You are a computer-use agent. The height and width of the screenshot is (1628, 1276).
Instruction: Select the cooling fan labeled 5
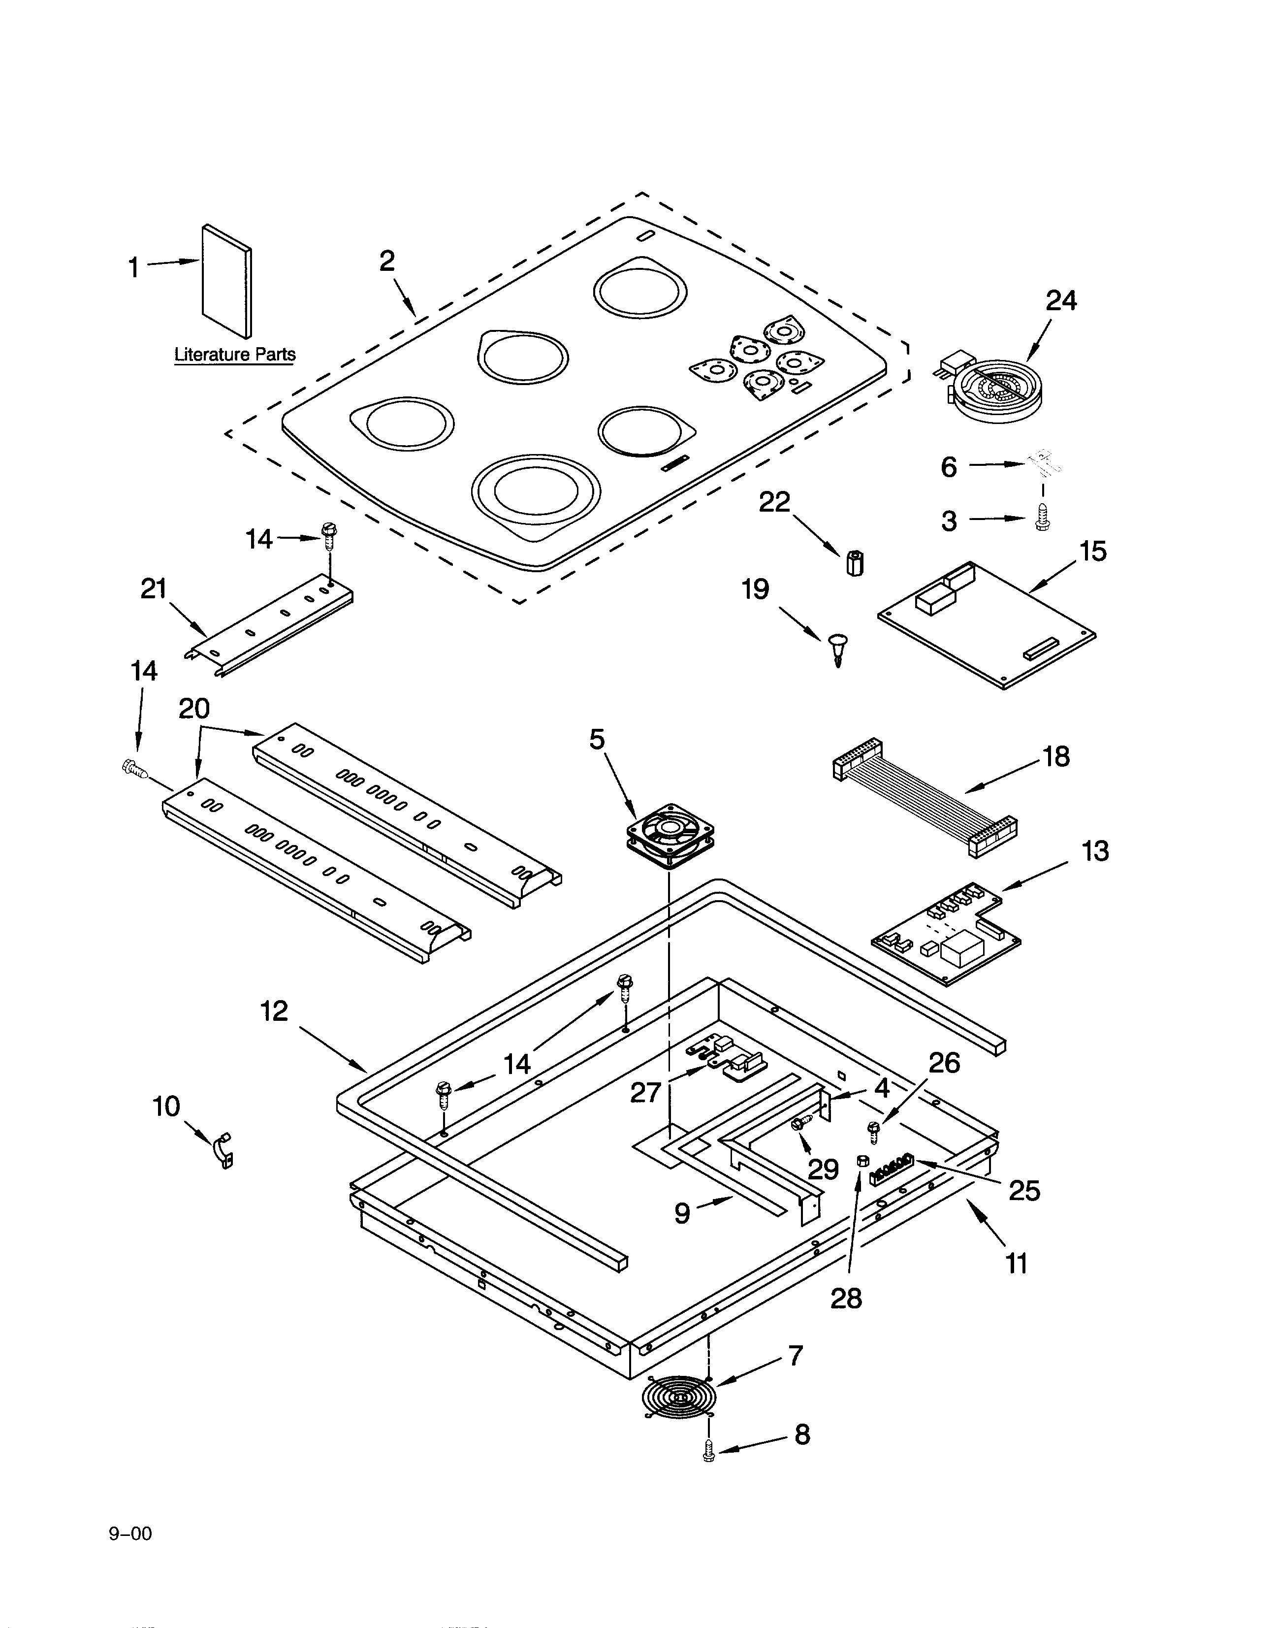pyautogui.click(x=670, y=835)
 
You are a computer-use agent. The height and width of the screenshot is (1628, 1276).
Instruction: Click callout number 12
pyautogui.click(x=274, y=1011)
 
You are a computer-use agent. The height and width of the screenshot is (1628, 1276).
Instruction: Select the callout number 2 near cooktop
pyautogui.click(x=386, y=261)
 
